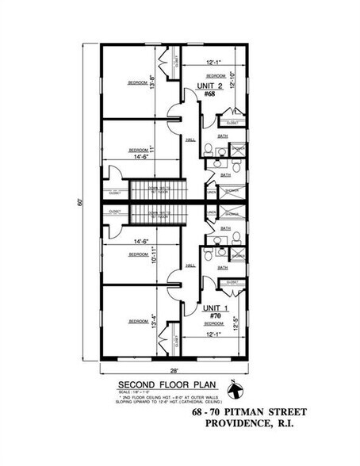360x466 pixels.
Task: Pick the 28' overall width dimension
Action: [x=173, y=370]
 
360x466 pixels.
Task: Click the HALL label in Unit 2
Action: [x=190, y=140]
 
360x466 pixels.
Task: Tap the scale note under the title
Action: [x=135, y=391]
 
